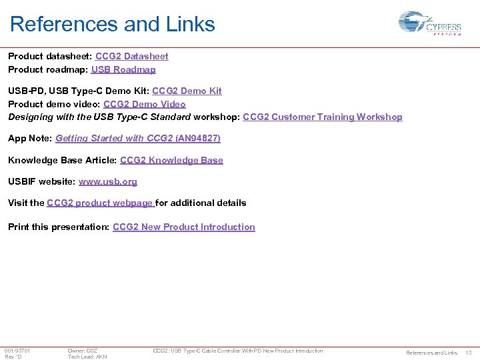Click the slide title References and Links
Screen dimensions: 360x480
tap(112, 25)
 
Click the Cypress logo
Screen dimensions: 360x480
tap(429, 24)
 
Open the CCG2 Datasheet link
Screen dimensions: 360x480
tap(132, 57)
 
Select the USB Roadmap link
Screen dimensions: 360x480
tap(123, 69)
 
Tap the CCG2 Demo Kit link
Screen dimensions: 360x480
tap(187, 91)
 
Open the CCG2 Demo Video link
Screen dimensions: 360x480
tap(145, 104)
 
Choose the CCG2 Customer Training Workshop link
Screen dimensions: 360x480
tap(323, 117)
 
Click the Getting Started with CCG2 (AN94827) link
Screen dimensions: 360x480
tap(138, 138)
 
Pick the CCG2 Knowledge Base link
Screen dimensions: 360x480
tap(171, 160)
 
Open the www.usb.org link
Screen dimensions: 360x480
tap(108, 181)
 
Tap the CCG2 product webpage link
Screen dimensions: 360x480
tap(100, 203)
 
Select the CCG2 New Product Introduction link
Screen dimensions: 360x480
tap(184, 227)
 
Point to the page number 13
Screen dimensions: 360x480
tap(468, 353)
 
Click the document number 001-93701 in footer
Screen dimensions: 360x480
tap(17, 351)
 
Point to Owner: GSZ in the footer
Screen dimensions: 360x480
tap(83, 351)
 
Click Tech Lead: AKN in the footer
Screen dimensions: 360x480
tap(87, 357)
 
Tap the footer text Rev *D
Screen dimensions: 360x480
tap(13, 357)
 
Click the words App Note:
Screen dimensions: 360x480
tap(30, 138)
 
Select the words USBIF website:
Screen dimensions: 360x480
tap(41, 181)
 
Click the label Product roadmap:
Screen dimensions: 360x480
tap(47, 69)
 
